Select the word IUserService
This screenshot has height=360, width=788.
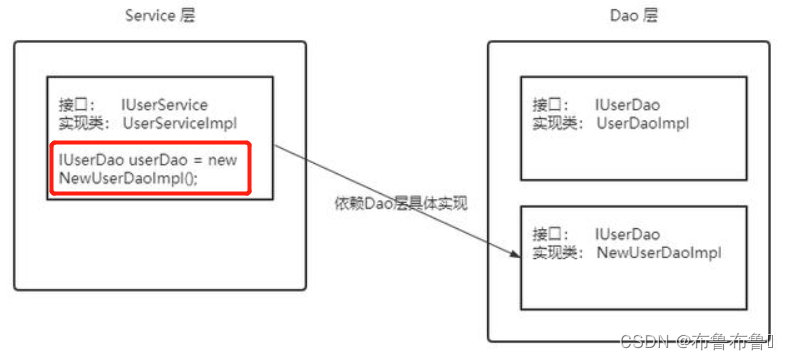point(165,104)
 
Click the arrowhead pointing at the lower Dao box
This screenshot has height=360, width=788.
point(516,257)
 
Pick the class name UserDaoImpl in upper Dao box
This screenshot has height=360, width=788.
point(643,123)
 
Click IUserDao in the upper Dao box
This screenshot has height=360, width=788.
point(627,104)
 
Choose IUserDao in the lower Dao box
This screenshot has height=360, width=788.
point(627,234)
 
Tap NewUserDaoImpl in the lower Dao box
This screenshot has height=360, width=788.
point(658,253)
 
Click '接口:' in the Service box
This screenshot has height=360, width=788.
point(77,104)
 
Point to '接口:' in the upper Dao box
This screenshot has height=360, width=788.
point(551,104)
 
